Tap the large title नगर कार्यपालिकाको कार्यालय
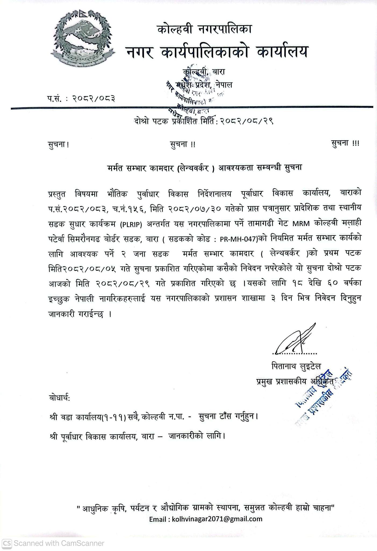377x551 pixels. [x=217, y=52]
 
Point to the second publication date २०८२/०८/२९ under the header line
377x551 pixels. [x=246, y=121]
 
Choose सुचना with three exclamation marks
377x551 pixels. [x=345, y=143]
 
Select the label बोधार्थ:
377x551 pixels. [x=60, y=398]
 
